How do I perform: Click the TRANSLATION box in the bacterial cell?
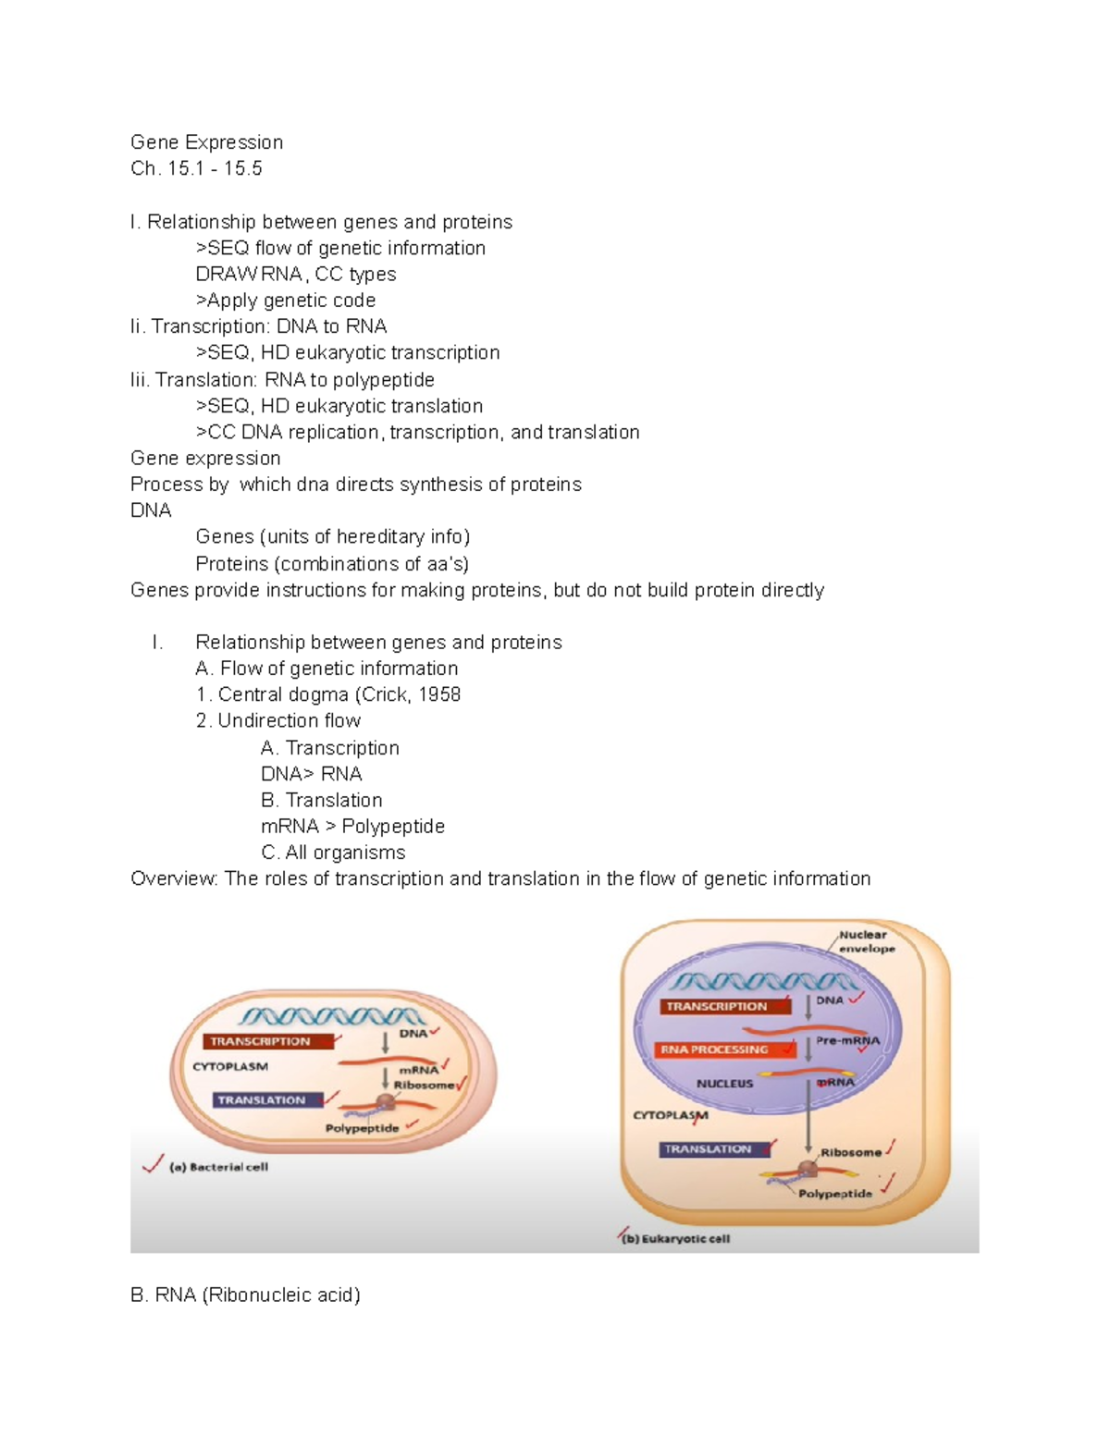[267, 1100]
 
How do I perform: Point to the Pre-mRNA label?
[847, 1040]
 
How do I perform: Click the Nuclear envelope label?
[867, 941]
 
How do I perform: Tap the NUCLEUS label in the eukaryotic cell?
[724, 1083]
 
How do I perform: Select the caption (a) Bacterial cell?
[218, 1167]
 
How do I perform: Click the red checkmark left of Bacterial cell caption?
[154, 1164]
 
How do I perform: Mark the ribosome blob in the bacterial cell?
[386, 1102]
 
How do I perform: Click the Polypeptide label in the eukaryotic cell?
[835, 1194]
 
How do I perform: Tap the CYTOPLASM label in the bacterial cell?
[230, 1066]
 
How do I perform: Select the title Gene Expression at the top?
[206, 142]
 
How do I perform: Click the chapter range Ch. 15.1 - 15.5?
[196, 168]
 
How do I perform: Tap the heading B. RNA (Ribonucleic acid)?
[245, 1295]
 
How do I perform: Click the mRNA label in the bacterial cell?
[418, 1070]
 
